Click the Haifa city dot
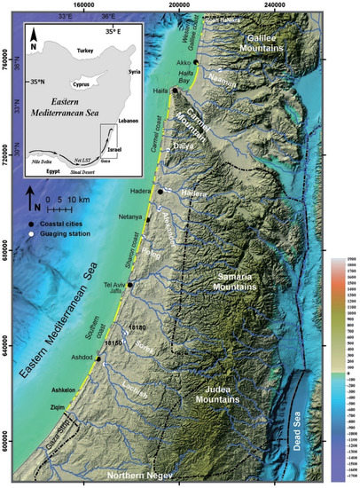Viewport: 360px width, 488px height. pos(176,91)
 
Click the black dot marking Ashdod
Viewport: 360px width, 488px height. pos(99,359)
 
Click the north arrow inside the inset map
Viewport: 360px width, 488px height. pos(32,36)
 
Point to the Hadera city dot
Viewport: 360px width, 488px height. pos(160,192)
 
